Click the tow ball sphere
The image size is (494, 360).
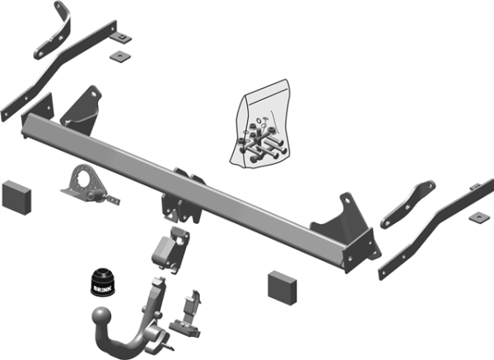(x=101, y=317)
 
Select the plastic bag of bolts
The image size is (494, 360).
(x=260, y=124)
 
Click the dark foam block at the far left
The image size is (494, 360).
(x=16, y=198)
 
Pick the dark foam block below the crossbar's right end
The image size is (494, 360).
(x=282, y=288)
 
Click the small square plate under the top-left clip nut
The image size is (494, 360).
(x=120, y=56)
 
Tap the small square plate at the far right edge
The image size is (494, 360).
(x=479, y=217)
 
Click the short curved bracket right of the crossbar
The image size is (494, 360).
(x=408, y=204)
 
